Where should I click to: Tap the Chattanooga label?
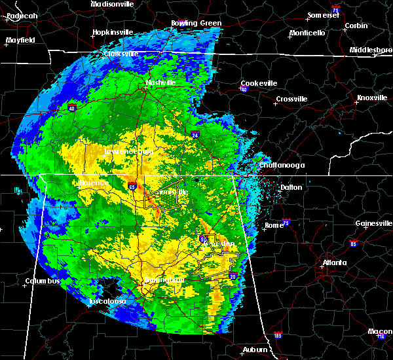pos(282,166)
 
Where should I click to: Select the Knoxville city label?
pos(371,98)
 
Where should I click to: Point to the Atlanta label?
pos(335,264)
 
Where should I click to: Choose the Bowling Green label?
pos(196,24)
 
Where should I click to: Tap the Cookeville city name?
pos(259,83)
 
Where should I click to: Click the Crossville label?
pos(291,99)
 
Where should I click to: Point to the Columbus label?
pos(43,281)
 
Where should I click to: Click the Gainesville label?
pos(374,223)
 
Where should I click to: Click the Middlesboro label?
pos(370,50)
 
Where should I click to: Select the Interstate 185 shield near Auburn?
pos(278,336)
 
